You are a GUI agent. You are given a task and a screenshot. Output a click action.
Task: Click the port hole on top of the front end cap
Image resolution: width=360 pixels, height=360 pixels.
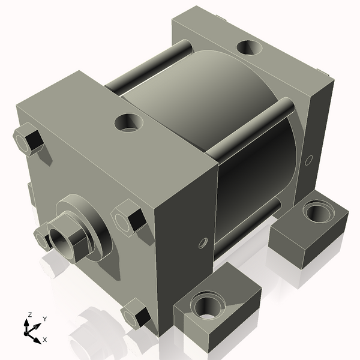point(129,124)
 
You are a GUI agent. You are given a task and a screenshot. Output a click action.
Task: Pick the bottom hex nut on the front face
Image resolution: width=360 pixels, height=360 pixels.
point(136,316)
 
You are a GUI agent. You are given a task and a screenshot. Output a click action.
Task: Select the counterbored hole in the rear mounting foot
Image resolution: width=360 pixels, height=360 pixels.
point(316,212)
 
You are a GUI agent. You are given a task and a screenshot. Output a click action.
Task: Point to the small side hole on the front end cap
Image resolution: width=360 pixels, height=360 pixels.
point(202,243)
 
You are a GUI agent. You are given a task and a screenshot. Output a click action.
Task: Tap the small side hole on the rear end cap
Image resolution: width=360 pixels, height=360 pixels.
point(309,160)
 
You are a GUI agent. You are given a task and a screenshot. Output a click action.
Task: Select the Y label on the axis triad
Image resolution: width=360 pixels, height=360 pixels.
point(45,319)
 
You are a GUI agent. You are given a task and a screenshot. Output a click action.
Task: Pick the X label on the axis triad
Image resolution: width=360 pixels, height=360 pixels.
point(44,340)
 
